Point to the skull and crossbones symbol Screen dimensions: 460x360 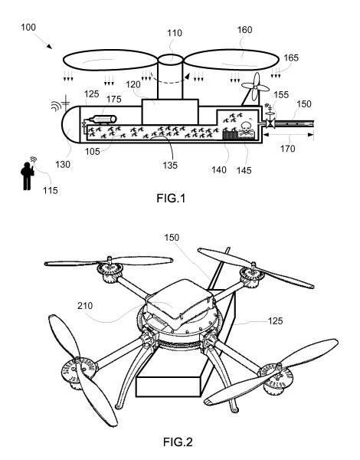coord(246,127)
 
